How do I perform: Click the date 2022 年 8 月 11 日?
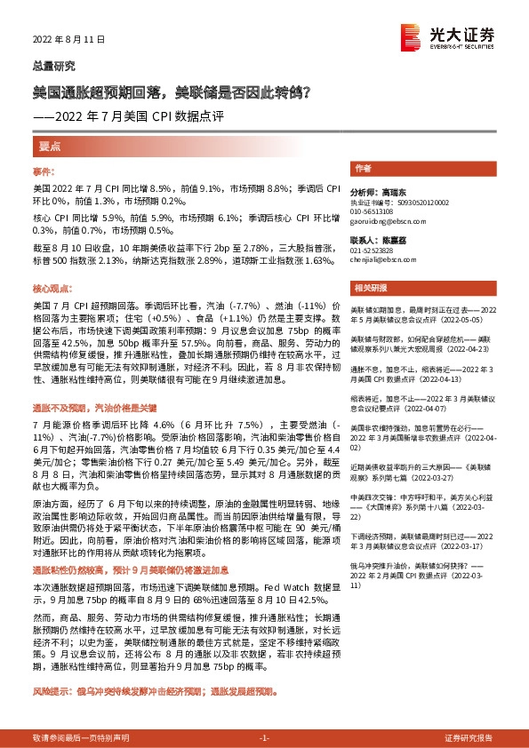click(69, 40)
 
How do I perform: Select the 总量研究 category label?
click(54, 67)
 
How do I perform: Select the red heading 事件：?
click(44, 170)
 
